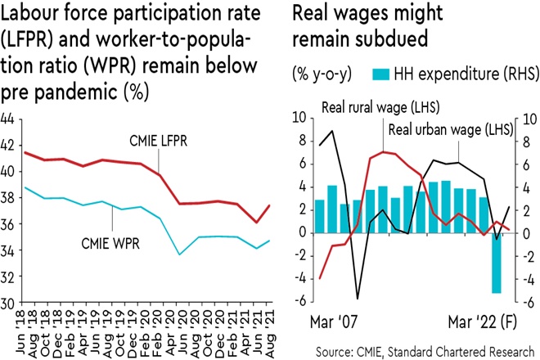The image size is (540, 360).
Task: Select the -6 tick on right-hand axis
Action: pos(529,303)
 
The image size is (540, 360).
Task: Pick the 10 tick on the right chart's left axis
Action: pos(299,119)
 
